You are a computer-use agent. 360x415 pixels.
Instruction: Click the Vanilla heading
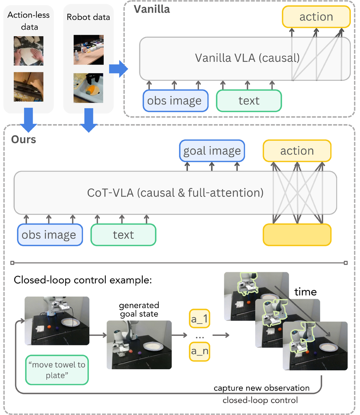(152, 9)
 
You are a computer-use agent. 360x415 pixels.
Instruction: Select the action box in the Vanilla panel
(316, 17)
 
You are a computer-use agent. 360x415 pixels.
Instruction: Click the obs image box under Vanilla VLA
(175, 101)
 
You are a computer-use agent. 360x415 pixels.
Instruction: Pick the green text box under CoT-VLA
(123, 235)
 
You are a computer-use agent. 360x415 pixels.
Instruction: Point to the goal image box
(212, 151)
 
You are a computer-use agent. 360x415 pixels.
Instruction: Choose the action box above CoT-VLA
(297, 151)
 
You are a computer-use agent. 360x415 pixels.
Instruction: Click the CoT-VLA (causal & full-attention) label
(175, 193)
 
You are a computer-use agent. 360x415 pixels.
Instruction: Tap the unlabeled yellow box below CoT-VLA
(297, 235)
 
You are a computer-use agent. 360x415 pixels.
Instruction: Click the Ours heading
(24, 139)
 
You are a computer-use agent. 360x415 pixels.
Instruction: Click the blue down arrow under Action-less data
(28, 120)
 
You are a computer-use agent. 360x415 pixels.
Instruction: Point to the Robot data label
(88, 17)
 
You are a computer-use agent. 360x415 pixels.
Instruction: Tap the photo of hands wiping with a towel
(28, 51)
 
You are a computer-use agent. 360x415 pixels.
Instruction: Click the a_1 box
(199, 319)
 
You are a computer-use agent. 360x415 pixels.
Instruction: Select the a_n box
(199, 351)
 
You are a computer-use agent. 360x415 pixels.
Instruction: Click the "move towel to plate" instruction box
(57, 370)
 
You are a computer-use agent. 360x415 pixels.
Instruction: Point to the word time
(305, 292)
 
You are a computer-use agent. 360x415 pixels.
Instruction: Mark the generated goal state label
(139, 309)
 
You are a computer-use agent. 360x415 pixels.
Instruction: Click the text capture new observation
(262, 388)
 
